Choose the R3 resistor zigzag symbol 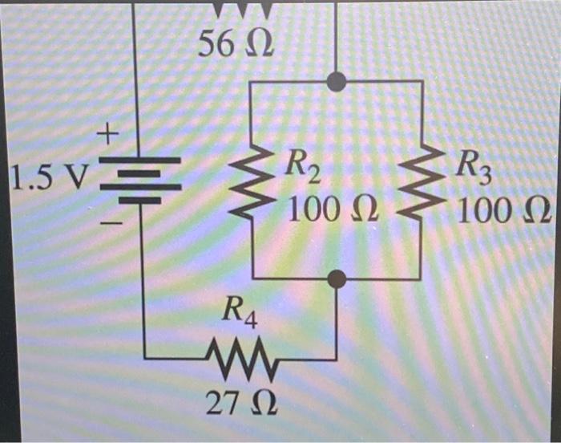(422, 181)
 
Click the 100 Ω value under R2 (329, 210)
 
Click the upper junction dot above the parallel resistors (337, 81)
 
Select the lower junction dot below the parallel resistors (337, 278)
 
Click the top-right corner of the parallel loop (422, 81)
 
